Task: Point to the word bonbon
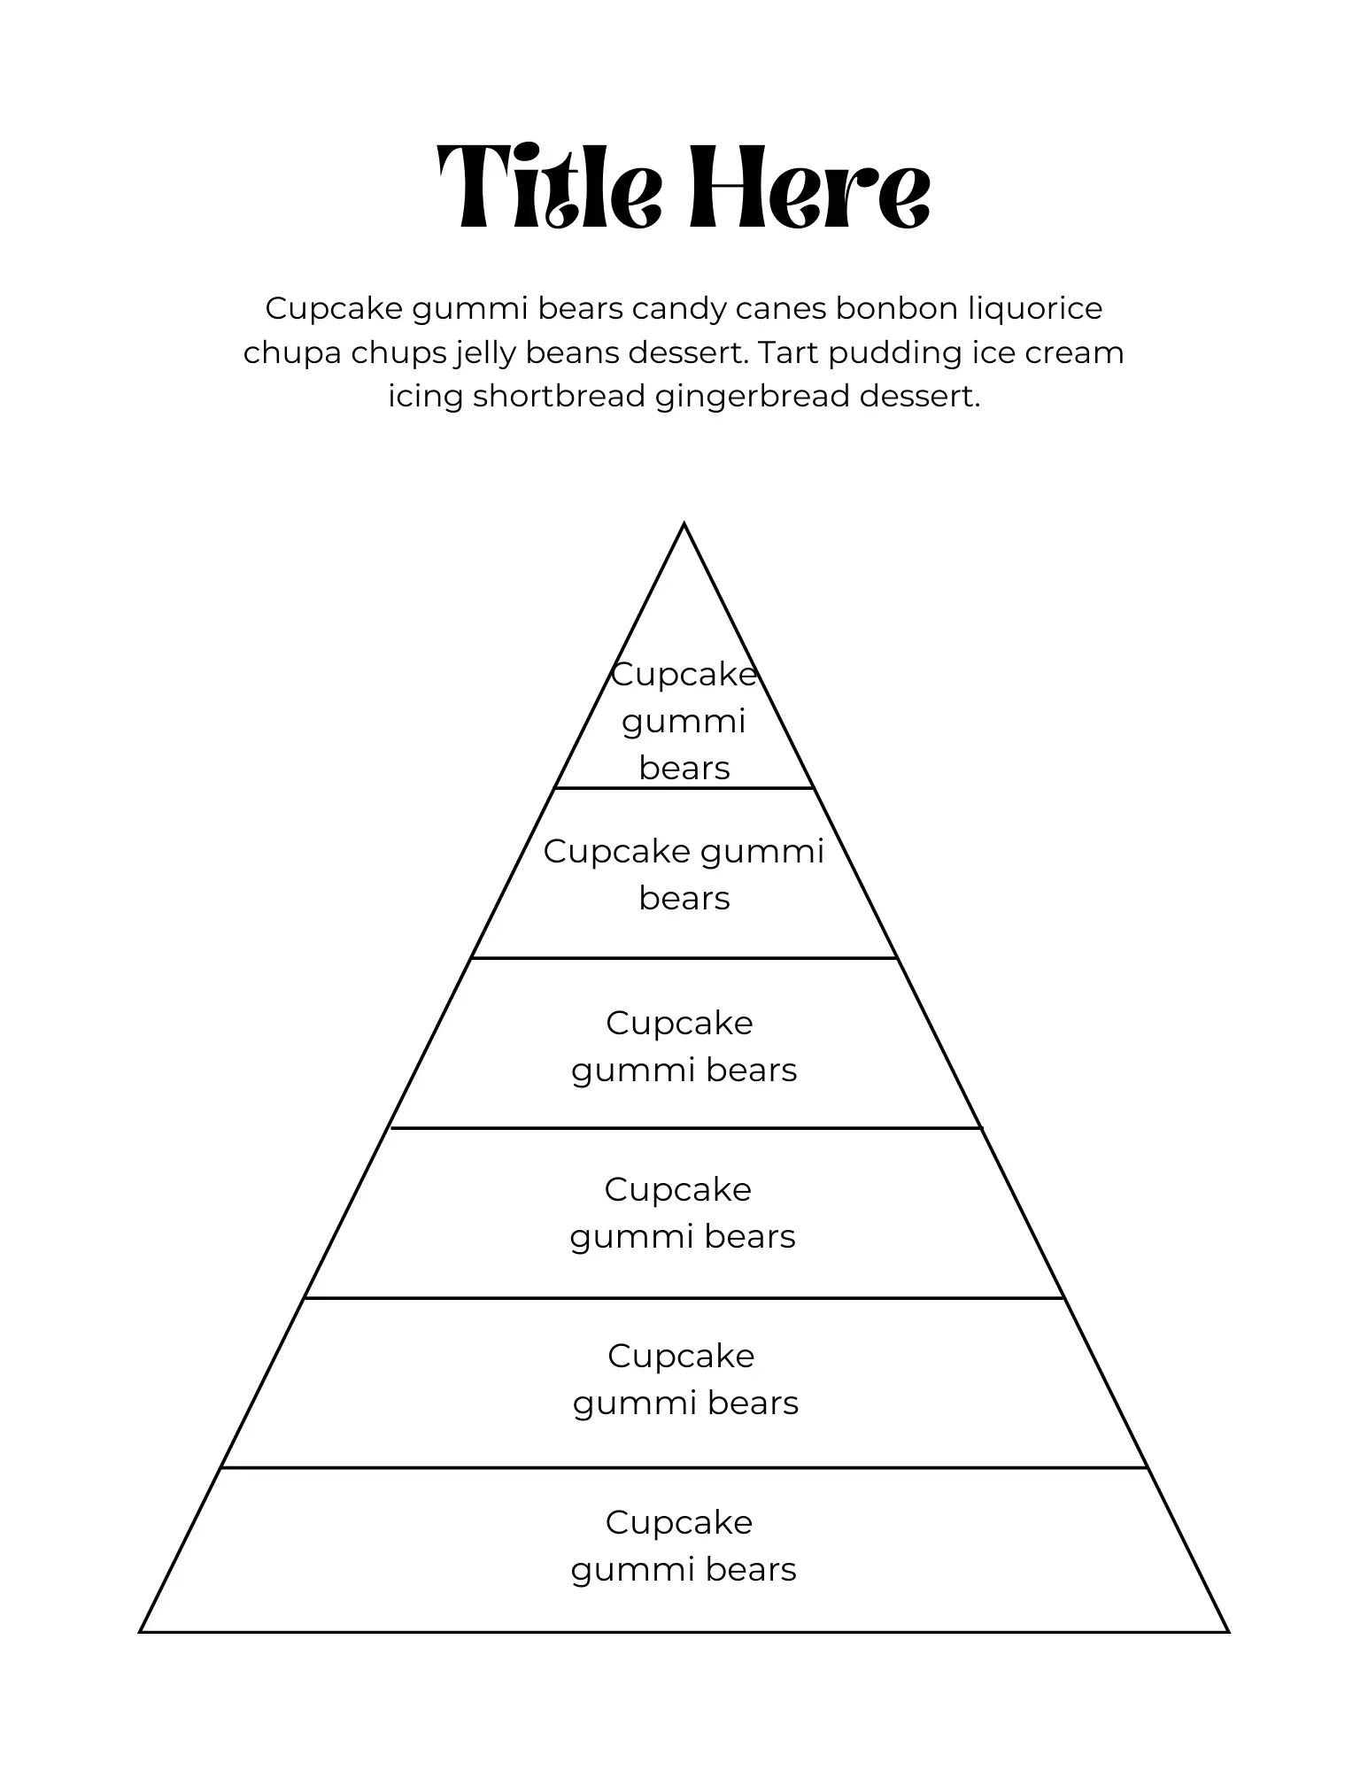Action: (x=896, y=309)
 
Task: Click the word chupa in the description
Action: (x=292, y=353)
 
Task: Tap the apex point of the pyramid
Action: (x=684, y=524)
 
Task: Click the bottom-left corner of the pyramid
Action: (x=141, y=1631)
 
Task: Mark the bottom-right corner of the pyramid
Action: (x=1228, y=1631)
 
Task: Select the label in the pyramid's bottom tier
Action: (x=683, y=1546)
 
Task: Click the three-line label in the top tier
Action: (x=684, y=721)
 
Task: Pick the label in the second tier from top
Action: (x=684, y=875)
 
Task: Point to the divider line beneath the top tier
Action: (x=684, y=787)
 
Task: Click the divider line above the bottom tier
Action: (x=684, y=1468)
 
